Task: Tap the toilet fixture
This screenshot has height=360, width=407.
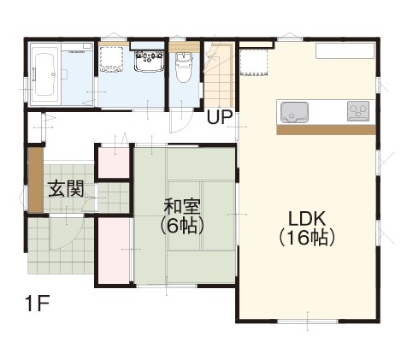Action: (x=184, y=67)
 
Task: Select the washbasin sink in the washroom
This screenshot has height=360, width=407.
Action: (x=149, y=61)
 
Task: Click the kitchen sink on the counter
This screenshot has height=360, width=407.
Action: (x=294, y=112)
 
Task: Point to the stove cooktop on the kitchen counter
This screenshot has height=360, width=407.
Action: (x=358, y=111)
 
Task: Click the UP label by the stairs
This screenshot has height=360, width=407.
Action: (x=220, y=117)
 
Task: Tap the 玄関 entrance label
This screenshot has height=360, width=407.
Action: (x=66, y=189)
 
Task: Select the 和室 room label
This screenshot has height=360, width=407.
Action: (x=182, y=207)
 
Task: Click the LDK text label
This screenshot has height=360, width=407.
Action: (x=307, y=219)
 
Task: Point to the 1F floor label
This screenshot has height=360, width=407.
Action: (x=38, y=304)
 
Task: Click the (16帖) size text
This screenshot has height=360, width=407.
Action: (x=307, y=238)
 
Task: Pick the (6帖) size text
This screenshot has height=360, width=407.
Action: (x=182, y=226)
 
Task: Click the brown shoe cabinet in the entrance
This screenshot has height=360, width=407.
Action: (x=36, y=180)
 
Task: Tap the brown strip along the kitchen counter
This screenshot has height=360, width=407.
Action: (x=327, y=130)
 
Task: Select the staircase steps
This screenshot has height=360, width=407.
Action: (x=219, y=75)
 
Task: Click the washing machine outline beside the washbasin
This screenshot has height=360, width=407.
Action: (x=111, y=59)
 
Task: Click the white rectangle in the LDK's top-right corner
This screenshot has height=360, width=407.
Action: (x=345, y=51)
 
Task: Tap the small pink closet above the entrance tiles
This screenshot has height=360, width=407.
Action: (x=115, y=162)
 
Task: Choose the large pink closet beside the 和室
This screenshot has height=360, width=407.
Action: (x=115, y=251)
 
